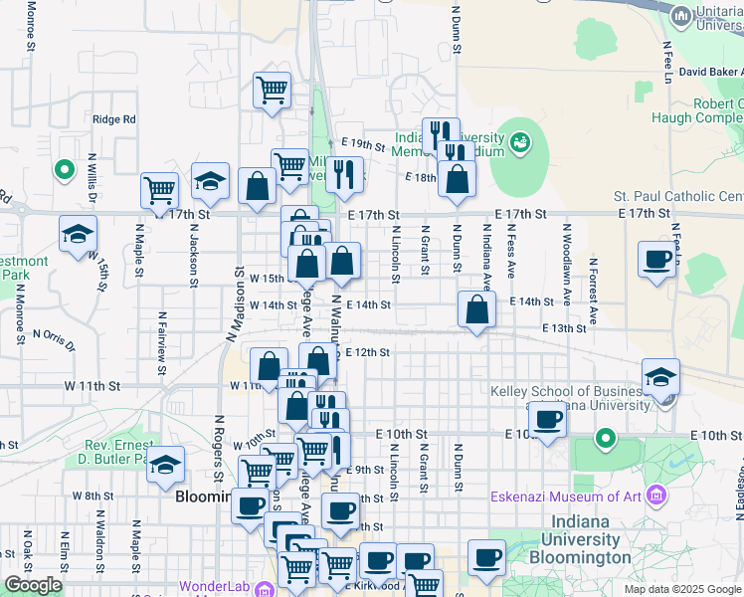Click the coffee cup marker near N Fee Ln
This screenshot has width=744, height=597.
[x=656, y=259]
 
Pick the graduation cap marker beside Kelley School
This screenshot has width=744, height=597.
[x=660, y=377]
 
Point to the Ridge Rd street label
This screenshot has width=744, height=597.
[x=113, y=119]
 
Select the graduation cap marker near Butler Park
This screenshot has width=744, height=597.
[x=166, y=465]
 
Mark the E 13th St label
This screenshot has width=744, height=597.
[x=564, y=328]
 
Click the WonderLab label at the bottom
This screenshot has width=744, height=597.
[x=212, y=587]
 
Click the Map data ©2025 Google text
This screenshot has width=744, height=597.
[x=682, y=589]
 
